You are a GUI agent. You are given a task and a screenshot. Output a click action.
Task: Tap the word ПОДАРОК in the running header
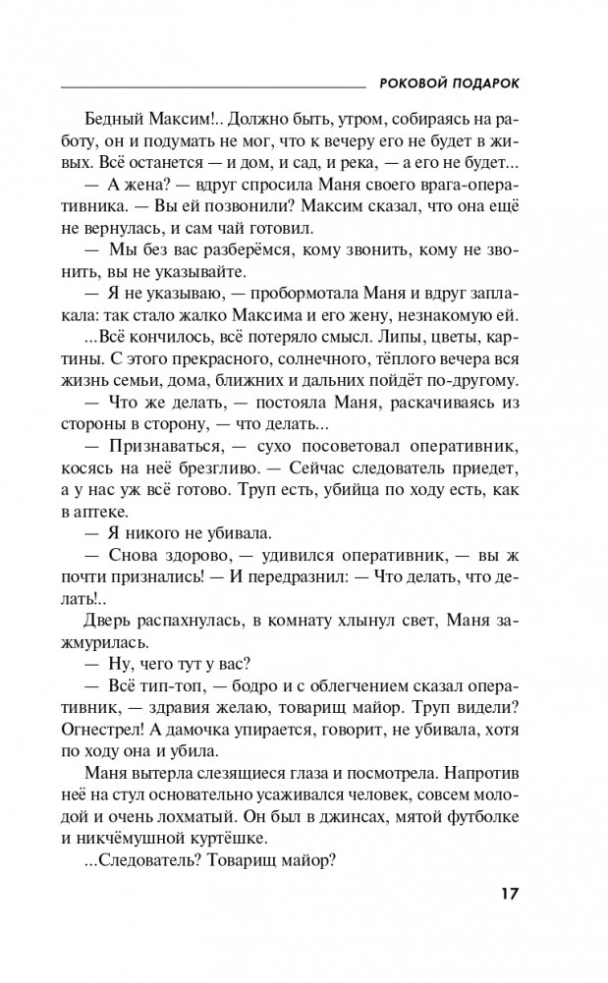tap(484, 83)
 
